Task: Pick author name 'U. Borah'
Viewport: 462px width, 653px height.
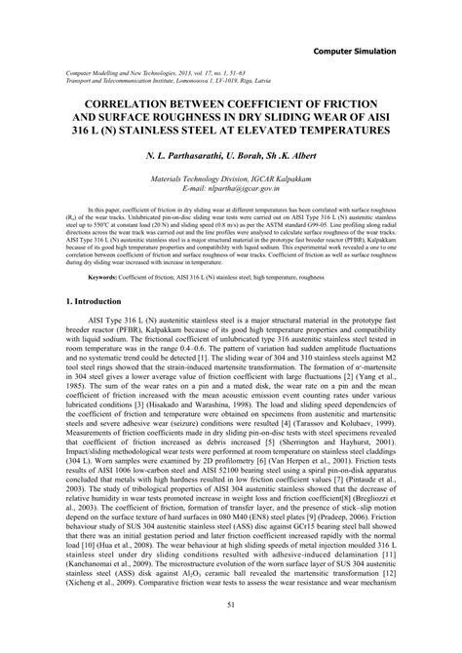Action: tap(254, 154)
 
